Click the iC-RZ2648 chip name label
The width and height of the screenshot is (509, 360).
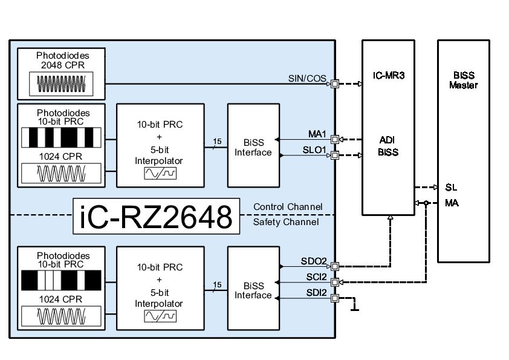[x=155, y=217]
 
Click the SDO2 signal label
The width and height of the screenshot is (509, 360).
[x=314, y=261]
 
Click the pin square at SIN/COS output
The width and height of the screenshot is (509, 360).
[x=335, y=83]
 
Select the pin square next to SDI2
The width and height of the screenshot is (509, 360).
[x=335, y=298]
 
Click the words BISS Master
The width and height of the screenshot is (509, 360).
[x=463, y=80]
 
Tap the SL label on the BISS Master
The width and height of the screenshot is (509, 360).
[x=450, y=187]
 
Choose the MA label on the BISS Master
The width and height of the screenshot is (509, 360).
[x=452, y=203]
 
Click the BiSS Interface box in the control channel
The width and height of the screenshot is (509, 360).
[x=253, y=146]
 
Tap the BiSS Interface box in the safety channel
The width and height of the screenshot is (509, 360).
[x=253, y=289]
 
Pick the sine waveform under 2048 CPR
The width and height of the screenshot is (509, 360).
[x=61, y=84]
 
